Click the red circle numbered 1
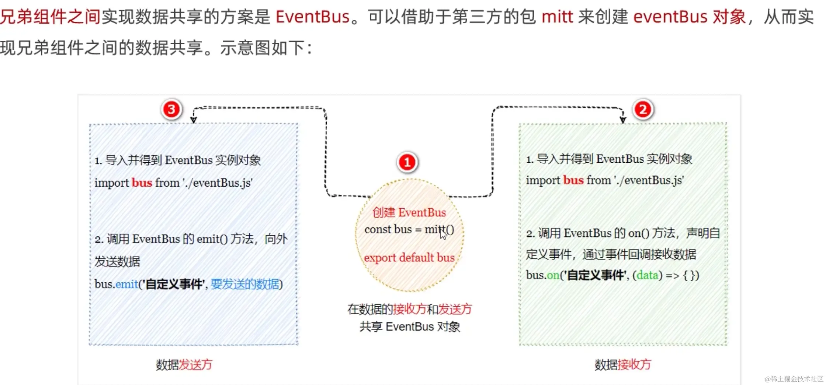click(407, 162)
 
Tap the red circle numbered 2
click(643, 109)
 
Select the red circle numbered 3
click(171, 109)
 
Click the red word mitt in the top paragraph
click(557, 17)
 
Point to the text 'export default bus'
click(409, 257)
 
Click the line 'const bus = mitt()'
click(409, 229)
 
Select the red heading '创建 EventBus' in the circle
click(409, 212)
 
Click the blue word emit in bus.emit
click(127, 284)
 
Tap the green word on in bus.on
click(553, 275)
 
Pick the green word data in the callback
click(648, 275)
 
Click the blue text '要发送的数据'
click(245, 284)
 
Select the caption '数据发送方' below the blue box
click(184, 365)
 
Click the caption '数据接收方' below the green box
click(622, 365)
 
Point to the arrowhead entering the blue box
click(193, 120)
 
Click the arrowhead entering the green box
click(623, 120)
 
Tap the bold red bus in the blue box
click(142, 183)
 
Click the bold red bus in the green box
click(573, 180)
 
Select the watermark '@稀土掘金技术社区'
click(794, 379)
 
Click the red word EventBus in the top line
click(312, 17)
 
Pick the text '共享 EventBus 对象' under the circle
click(410, 326)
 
